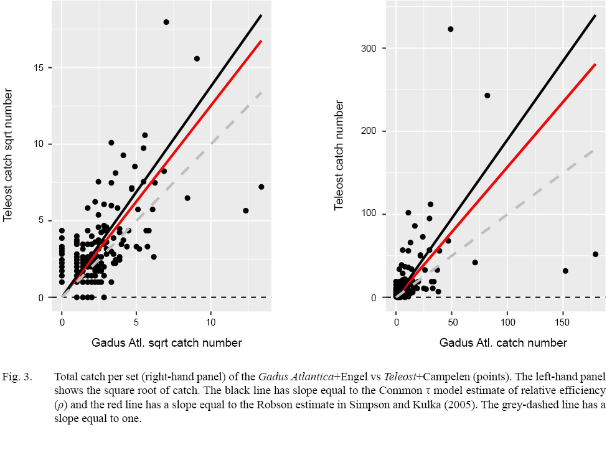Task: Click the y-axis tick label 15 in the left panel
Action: pyautogui.click(x=42, y=67)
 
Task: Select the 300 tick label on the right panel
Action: pyautogui.click(x=372, y=49)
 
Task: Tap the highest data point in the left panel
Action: pyautogui.click(x=166, y=22)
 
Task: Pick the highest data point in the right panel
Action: pyautogui.click(x=451, y=29)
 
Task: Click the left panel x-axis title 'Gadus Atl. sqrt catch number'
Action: pyautogui.click(x=166, y=342)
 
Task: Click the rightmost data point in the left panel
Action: pyautogui.click(x=261, y=187)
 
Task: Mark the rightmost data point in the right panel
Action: pyautogui.click(x=595, y=254)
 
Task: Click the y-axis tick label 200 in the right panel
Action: pyautogui.click(x=372, y=131)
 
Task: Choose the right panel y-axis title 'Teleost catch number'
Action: pyautogui.click(x=339, y=156)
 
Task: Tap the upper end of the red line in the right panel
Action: pyautogui.click(x=595, y=64)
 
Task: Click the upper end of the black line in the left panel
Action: pyautogui.click(x=261, y=14)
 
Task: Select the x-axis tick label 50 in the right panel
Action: pyautogui.click(x=452, y=322)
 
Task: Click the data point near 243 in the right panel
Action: pyautogui.click(x=487, y=95)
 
